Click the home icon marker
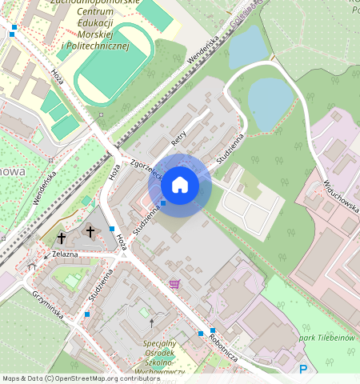(x=180, y=185)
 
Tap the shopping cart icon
(x=174, y=283)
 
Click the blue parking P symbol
(x=302, y=369)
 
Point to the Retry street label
(x=179, y=137)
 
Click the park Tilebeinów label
(x=328, y=338)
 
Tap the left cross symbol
(x=62, y=238)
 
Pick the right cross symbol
(x=90, y=231)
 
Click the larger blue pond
(x=270, y=100)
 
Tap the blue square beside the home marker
(x=162, y=203)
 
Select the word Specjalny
(x=160, y=343)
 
